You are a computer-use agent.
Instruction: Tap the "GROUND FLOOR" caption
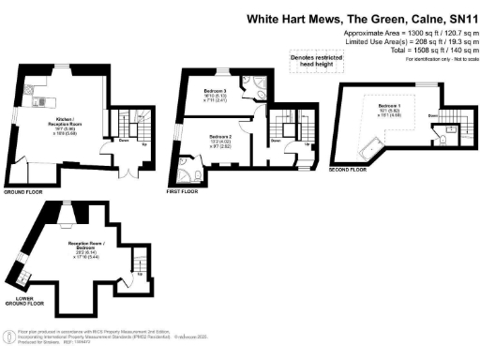(x=26, y=191)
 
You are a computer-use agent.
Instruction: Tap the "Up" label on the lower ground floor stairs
(x=134, y=277)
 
